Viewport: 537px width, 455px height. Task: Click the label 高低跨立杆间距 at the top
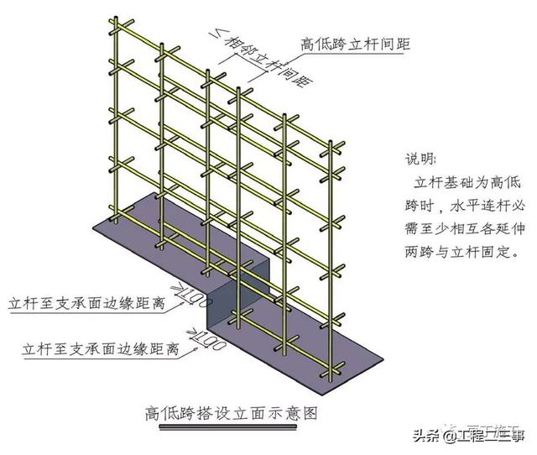356,43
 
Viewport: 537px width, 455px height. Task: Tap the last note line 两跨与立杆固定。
458,252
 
